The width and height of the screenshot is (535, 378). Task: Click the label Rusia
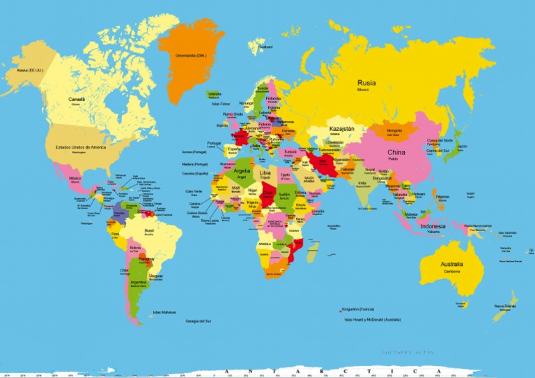[366, 82]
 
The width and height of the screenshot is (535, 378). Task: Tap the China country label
[396, 152]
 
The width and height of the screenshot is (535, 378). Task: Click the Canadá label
[77, 100]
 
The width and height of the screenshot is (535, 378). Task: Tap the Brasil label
[149, 230]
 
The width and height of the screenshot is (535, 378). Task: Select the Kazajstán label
[341, 129]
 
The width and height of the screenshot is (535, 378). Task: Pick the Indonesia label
[433, 226]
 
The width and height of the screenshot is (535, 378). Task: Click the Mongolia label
[394, 130]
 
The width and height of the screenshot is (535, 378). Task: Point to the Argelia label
[242, 170]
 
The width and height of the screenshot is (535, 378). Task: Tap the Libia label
[265, 172]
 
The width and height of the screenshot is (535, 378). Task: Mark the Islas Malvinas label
[164, 312]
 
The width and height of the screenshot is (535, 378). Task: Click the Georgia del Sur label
[199, 321]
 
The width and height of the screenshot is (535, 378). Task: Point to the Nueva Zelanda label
[505, 306]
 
